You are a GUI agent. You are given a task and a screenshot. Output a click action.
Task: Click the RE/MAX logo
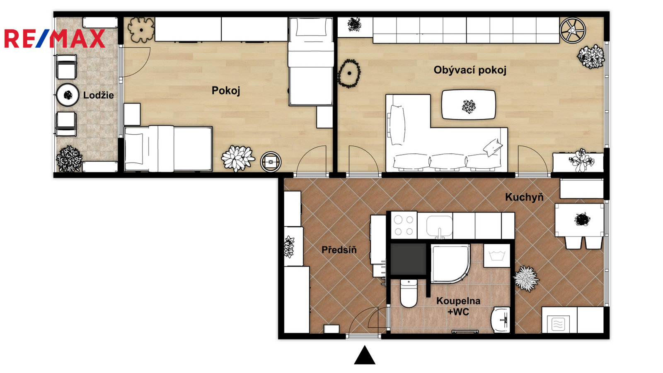click(55, 39)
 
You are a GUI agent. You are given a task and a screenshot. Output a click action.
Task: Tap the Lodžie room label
click(98, 95)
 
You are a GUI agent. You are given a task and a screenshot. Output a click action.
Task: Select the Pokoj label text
click(225, 91)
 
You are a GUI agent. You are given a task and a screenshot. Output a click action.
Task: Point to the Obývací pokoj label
click(470, 70)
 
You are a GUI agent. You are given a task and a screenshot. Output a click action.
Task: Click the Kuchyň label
click(524, 197)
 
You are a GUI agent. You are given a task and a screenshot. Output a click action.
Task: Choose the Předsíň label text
click(339, 250)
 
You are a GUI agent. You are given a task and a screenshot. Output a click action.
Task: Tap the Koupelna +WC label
click(458, 306)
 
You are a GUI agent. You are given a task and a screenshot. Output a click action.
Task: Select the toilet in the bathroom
click(409, 293)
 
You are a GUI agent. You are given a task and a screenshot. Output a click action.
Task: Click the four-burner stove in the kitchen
click(404, 225)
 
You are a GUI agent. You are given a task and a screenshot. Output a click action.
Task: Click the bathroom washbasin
click(501, 320)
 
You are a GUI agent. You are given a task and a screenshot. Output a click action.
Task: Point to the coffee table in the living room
click(469, 105)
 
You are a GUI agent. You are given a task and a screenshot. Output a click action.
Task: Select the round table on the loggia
click(68, 95)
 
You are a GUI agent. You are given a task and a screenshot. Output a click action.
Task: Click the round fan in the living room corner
click(573, 31)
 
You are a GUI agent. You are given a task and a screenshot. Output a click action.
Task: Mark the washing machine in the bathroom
click(497, 255)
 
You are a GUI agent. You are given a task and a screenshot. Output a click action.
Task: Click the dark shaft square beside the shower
click(409, 259)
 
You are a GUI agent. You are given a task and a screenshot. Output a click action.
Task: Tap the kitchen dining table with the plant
click(579, 220)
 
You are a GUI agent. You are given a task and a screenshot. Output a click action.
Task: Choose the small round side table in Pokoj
click(271, 162)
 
